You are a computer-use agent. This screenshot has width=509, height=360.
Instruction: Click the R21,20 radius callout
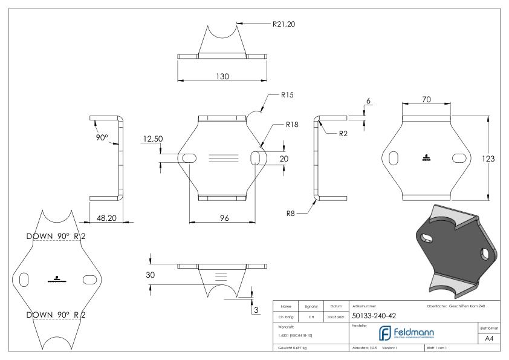coord(285,24)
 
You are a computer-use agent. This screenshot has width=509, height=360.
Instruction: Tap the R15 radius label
coord(287,95)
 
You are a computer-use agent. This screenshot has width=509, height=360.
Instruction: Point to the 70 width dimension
coord(426,100)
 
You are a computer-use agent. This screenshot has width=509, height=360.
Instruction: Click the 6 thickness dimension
coord(368,101)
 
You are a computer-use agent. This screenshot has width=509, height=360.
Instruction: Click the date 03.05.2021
coord(336,316)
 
